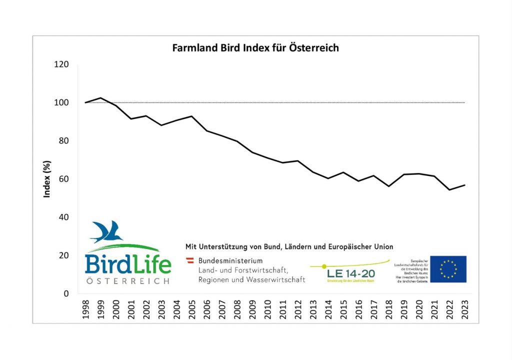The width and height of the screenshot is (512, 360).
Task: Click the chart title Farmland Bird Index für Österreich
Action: pos(255,48)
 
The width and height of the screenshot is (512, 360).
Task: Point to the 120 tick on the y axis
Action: pos(62,64)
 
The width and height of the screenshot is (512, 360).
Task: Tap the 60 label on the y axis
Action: pos(64,179)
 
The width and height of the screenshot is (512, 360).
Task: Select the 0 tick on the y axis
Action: pos(66,293)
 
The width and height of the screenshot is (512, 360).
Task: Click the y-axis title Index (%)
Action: pos(47,178)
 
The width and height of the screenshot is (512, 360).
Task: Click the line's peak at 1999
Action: pos(100,98)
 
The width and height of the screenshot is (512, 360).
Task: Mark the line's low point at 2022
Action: pos(449,190)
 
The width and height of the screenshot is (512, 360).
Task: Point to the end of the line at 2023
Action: pos(464,185)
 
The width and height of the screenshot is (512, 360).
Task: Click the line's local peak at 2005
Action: pos(191,116)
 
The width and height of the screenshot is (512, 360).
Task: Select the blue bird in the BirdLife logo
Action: pos(107,231)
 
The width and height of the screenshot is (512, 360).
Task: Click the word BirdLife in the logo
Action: pos(127,264)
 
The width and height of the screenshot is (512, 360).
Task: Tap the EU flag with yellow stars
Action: pos(448,268)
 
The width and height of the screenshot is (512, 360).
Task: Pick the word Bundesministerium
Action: pos(230,261)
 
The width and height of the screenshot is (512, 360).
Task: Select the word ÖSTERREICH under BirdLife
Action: pos(127,281)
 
